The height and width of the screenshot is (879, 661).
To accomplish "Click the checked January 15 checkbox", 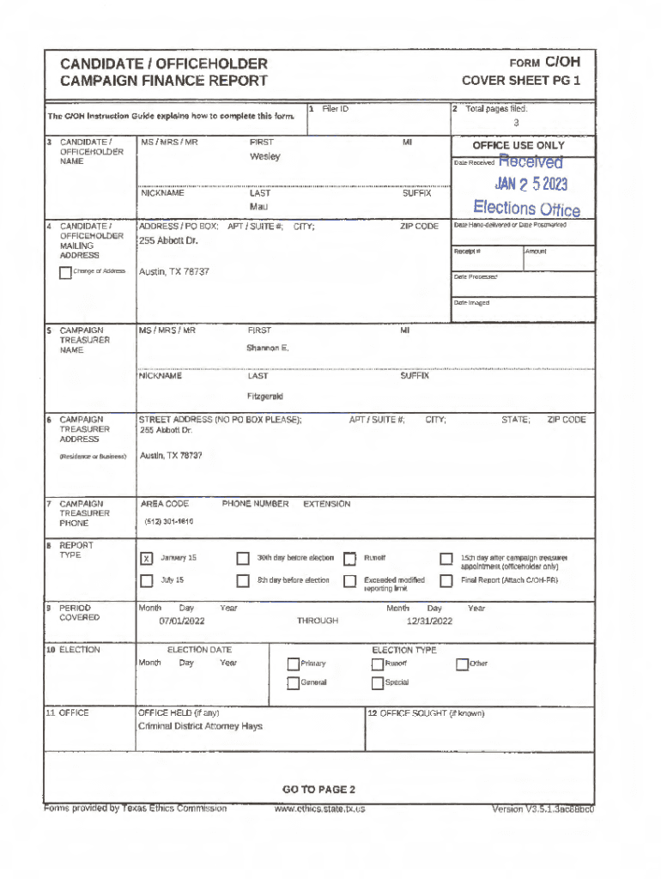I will click(x=146, y=559).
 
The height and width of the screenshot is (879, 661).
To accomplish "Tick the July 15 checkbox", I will click(x=146, y=580).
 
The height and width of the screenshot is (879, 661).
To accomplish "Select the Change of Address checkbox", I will click(x=65, y=273).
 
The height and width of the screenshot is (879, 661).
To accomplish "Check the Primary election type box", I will click(x=293, y=664).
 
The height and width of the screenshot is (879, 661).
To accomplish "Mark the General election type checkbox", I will click(x=293, y=683).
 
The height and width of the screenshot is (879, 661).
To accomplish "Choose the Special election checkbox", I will click(x=378, y=683).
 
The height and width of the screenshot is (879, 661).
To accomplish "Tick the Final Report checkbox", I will click(x=446, y=581).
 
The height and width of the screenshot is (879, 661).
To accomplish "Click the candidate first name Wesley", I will click(x=264, y=157).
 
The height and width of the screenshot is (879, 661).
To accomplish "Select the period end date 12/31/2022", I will click(x=429, y=621).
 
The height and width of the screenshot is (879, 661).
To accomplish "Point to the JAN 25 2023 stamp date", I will click(x=531, y=185).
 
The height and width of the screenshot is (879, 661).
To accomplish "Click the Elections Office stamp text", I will click(x=526, y=209).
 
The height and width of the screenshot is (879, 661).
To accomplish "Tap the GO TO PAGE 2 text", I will click(x=318, y=790).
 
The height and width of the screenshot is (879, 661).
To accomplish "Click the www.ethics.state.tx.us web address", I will click(x=319, y=809).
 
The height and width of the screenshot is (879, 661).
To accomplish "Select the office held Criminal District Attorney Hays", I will click(x=200, y=726).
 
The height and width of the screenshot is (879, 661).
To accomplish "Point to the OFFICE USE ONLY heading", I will click(x=518, y=146).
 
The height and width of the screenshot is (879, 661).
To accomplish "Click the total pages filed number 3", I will click(x=516, y=122).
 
